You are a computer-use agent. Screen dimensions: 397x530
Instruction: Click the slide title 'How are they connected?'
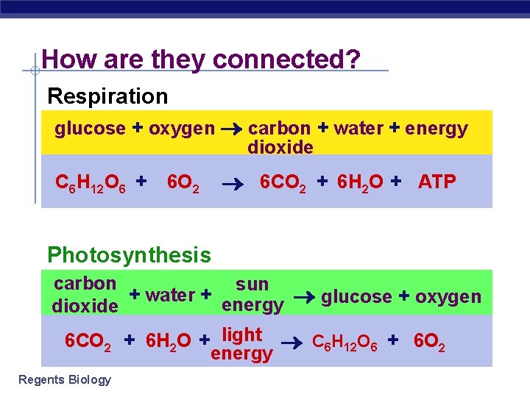[x=201, y=59]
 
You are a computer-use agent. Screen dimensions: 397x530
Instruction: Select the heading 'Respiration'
[x=107, y=96]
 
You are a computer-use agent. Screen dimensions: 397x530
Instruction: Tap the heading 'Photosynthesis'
[x=129, y=255]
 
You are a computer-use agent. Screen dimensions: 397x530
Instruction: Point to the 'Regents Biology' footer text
[x=64, y=379]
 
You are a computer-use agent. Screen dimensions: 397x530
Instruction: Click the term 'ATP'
[x=437, y=182]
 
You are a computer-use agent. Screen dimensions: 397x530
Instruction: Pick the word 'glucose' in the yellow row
[x=90, y=129]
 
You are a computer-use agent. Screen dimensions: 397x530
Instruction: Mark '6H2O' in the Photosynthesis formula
[x=169, y=342]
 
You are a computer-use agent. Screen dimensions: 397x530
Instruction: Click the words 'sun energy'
[x=252, y=294]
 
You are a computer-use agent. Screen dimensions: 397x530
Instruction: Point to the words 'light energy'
[x=242, y=344]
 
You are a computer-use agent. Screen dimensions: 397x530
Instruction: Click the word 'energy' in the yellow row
[x=437, y=129]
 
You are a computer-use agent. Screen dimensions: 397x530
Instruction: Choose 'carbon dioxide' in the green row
[x=85, y=294]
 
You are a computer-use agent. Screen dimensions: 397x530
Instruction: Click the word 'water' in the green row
[x=170, y=295]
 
